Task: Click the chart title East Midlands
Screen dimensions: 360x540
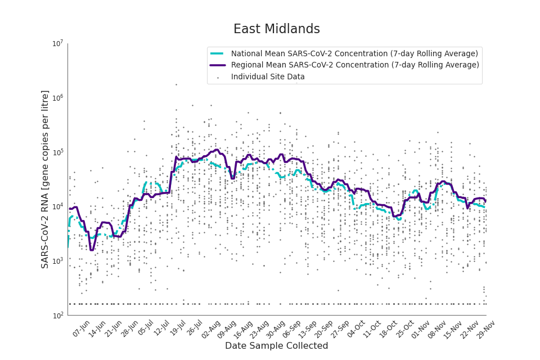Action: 276,29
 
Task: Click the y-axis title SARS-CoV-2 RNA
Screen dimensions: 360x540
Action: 46,179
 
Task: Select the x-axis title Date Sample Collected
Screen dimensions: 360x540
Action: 276,346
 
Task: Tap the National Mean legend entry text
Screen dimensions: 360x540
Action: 354,53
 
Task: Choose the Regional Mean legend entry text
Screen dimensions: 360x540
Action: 355,65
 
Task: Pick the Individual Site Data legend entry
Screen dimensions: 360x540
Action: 268,77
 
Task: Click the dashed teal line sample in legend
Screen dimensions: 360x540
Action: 218,53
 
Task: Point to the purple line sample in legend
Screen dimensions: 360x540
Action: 218,65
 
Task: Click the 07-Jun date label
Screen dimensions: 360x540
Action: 81,328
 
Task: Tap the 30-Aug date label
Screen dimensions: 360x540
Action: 275,328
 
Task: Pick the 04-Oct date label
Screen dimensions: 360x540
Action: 356,328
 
